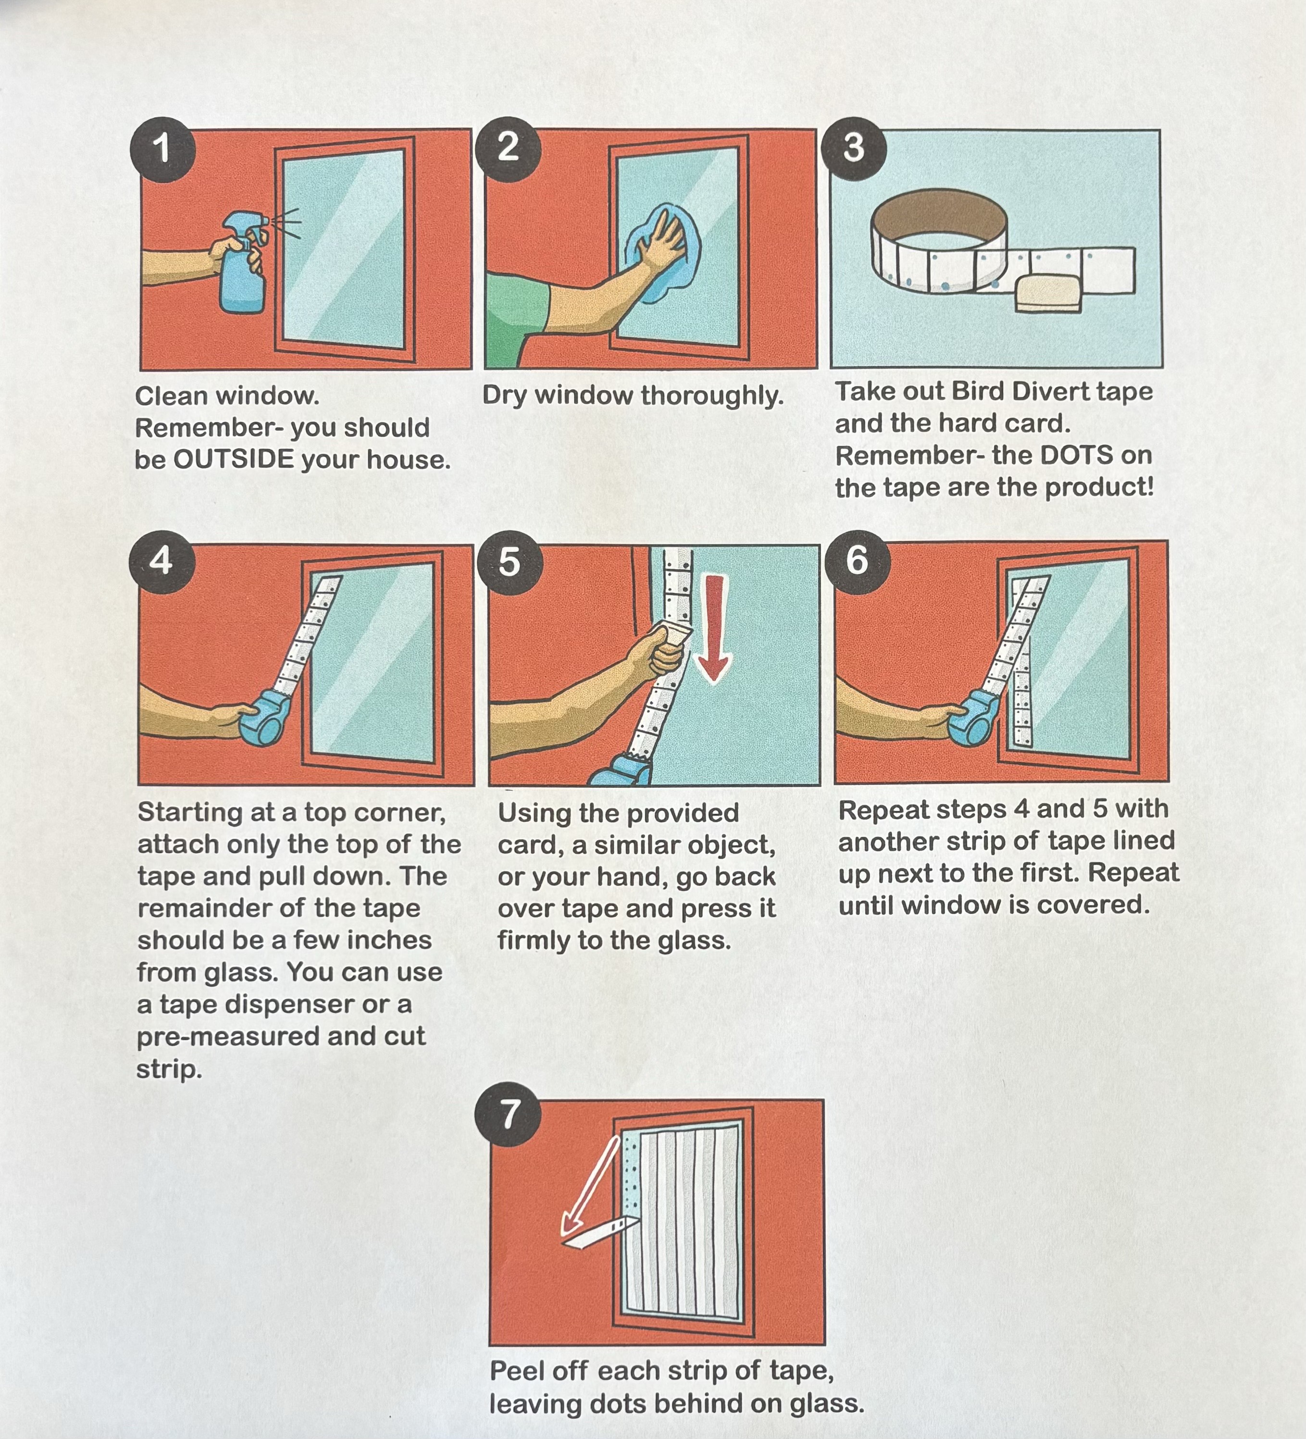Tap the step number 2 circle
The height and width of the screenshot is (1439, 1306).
tap(508, 148)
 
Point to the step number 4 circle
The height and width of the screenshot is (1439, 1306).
tap(162, 561)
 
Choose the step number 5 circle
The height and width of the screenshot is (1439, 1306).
tap(509, 562)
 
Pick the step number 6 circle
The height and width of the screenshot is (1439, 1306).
tap(858, 559)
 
